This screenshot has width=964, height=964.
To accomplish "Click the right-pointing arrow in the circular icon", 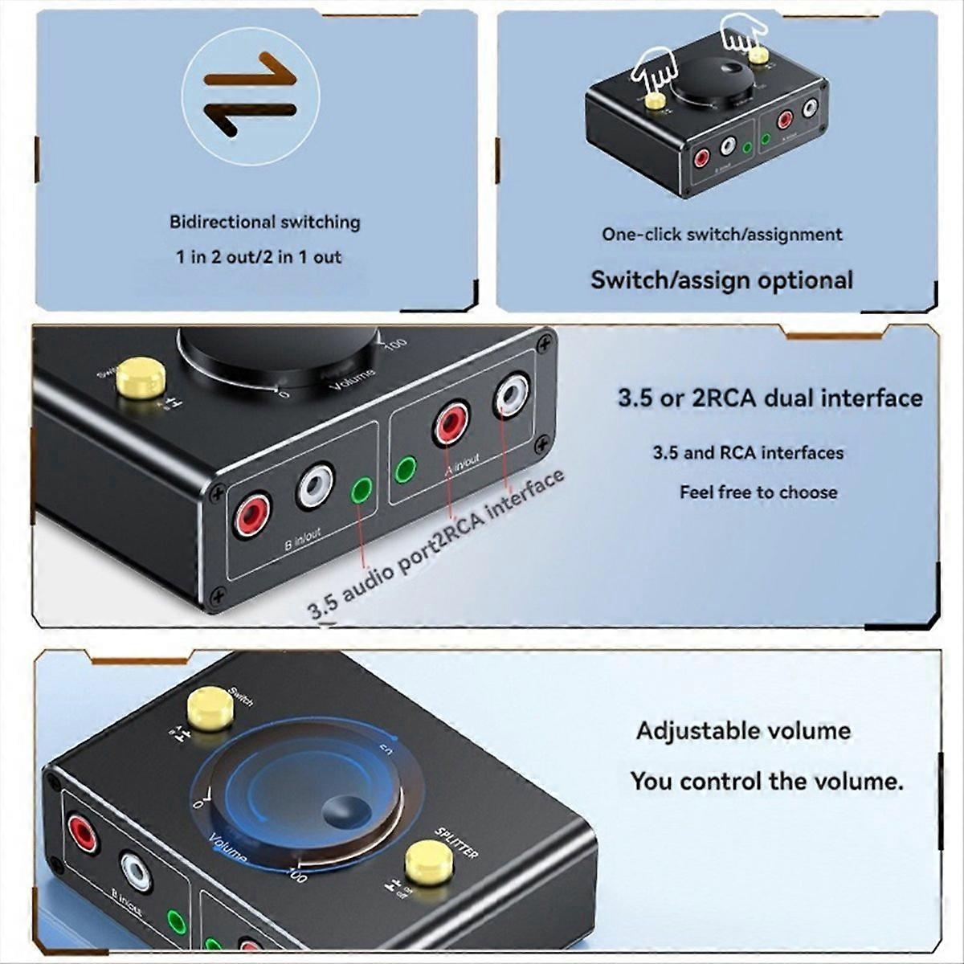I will (x=251, y=76).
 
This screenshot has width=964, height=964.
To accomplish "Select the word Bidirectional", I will (x=217, y=222).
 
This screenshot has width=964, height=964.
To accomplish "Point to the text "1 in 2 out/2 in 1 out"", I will (x=259, y=257).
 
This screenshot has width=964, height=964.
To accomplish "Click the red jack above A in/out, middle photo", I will (x=451, y=423).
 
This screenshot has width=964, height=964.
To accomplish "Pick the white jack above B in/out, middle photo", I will (x=314, y=486).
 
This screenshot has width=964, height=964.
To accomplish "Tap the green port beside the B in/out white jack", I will (x=361, y=488).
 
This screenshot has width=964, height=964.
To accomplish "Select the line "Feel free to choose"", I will (x=758, y=492).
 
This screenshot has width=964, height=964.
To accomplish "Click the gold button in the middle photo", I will (x=141, y=378).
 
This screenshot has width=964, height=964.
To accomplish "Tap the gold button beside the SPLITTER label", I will (x=428, y=863).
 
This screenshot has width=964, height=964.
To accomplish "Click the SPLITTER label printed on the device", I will (x=457, y=842).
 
